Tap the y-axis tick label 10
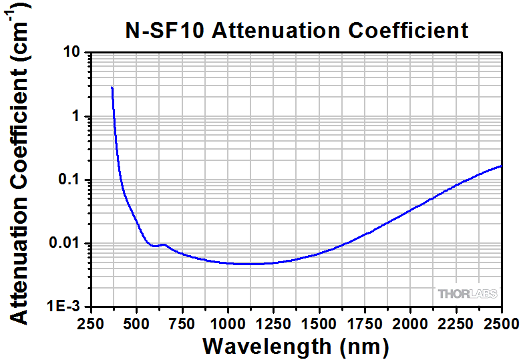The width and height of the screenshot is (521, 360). click(72, 53)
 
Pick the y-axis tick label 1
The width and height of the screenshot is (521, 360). click(76, 116)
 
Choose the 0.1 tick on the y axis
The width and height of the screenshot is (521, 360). click(69, 180)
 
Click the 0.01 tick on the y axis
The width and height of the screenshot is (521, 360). click(66, 243)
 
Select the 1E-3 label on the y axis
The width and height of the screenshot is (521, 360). click(65, 307)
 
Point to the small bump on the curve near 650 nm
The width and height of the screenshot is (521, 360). click(162, 244)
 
